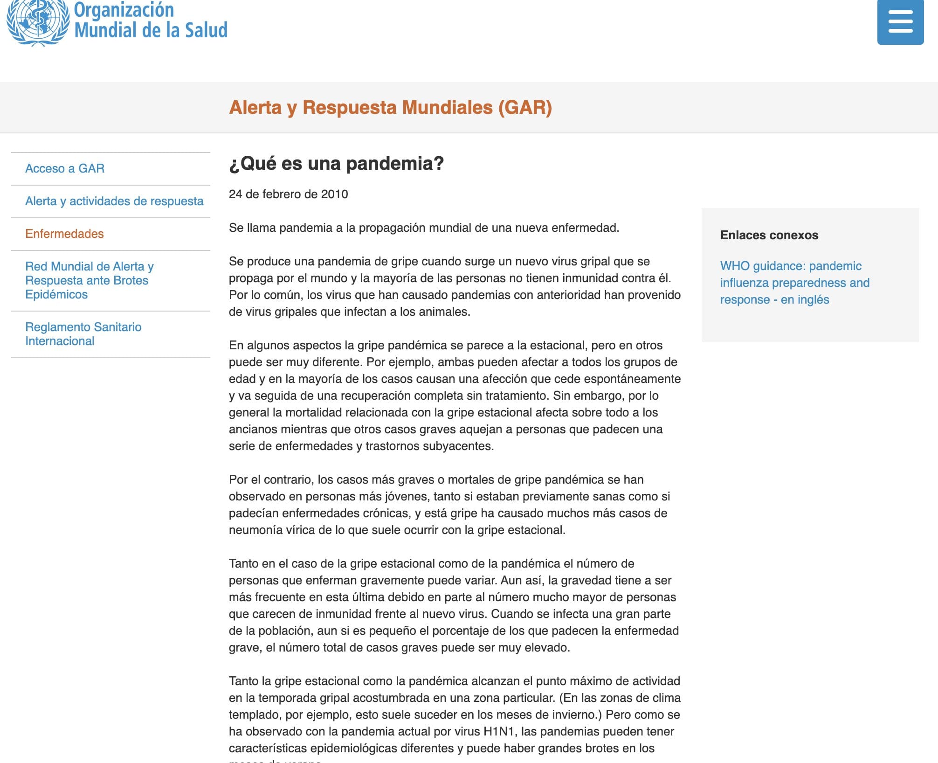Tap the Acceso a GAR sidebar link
click(65, 168)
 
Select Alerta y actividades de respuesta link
click(114, 201)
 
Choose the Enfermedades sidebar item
click(64, 234)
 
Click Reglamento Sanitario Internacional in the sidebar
click(83, 334)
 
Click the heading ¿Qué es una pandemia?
click(336, 163)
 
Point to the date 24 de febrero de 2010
click(288, 194)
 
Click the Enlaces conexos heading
click(769, 235)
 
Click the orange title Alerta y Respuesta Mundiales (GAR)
click(390, 107)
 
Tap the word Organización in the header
click(124, 9)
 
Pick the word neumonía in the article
click(255, 530)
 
